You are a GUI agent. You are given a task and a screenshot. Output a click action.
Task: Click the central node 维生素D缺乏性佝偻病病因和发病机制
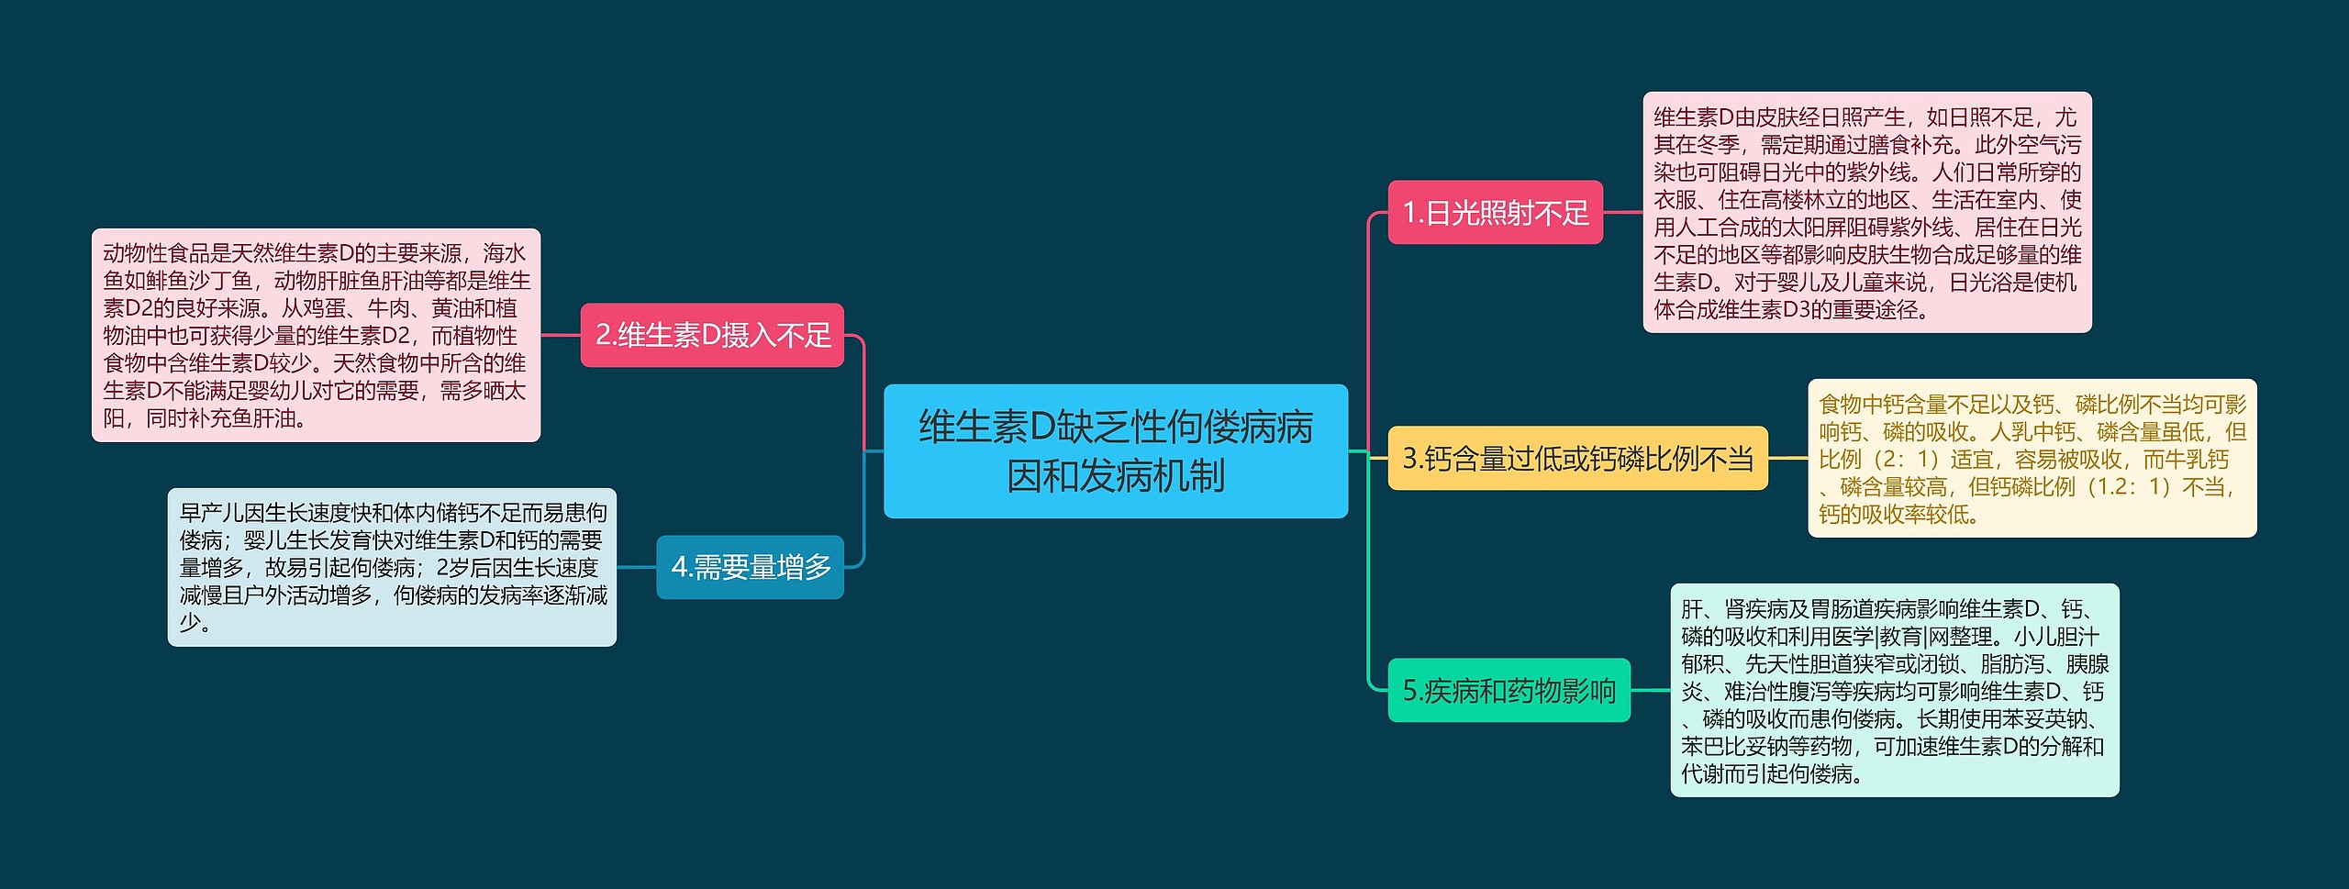1115,451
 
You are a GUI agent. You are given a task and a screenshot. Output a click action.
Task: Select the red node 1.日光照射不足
1495,213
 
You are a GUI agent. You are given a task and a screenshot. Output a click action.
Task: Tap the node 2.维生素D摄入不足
712,336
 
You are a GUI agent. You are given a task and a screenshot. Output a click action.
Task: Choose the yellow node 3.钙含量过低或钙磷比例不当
1577,458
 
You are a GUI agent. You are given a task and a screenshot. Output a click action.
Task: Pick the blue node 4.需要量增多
750,568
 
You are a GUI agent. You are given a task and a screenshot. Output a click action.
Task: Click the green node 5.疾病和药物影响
1508,691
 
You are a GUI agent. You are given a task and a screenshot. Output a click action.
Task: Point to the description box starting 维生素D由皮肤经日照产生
1866,213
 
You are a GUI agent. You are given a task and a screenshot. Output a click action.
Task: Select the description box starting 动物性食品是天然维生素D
316,336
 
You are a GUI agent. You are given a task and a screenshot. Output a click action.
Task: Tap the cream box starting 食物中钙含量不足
2032,458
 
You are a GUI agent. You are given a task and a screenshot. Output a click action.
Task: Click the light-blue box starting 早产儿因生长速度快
392,568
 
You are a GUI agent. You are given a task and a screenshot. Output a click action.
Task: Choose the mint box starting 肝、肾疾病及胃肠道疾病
1894,691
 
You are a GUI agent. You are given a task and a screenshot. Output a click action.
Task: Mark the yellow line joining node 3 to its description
1787,458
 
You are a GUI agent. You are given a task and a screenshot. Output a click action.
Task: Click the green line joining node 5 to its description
1650,691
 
